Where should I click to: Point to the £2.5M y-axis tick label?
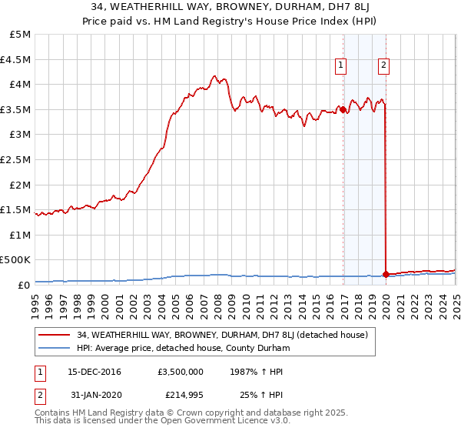pyautogui.click(x=16, y=159)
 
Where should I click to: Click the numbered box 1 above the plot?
pyautogui.click(x=340, y=65)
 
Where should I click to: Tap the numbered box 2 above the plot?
pyautogui.click(x=383, y=65)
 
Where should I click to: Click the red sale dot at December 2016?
pyautogui.click(x=343, y=110)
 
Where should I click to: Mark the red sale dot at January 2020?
pyautogui.click(x=386, y=274)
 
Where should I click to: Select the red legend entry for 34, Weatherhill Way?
pyautogui.click(x=223, y=335)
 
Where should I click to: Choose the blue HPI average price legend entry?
pyautogui.click(x=183, y=349)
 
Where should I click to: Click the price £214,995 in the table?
pyautogui.click(x=181, y=396)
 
